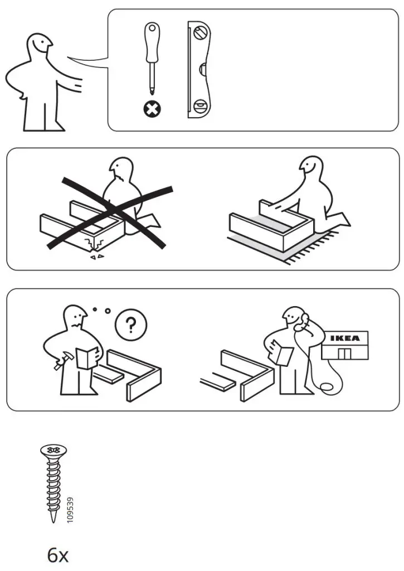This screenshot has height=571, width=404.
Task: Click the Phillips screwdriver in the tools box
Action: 150,56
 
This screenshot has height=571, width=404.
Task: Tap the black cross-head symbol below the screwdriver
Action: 150,109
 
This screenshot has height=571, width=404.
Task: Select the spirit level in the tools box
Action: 199,70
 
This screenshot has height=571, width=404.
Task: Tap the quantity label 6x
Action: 57,555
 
